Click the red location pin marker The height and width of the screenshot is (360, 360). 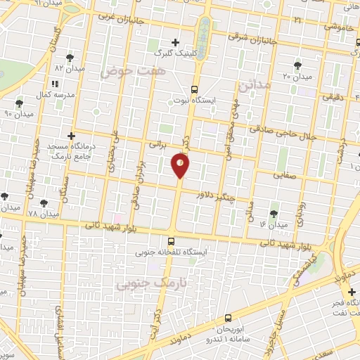(180, 165)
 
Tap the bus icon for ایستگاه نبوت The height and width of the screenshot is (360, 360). (195, 89)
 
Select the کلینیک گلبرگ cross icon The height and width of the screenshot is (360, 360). (175, 41)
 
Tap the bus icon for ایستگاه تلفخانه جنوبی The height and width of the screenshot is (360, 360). (172, 240)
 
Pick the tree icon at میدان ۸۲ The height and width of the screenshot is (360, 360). (69, 58)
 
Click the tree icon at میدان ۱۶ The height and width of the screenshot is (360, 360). (274, 213)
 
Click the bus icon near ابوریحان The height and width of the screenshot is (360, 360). (227, 318)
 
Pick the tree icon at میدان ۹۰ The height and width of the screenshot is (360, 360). (19, 103)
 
